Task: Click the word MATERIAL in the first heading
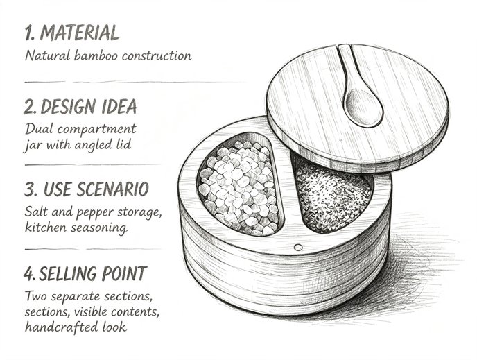click(x=80, y=33)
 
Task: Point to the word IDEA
click(x=119, y=107)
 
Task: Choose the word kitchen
click(x=46, y=227)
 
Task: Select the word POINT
click(x=124, y=273)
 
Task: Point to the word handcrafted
click(x=61, y=327)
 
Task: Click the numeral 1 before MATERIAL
click(x=29, y=33)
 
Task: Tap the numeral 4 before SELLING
click(x=28, y=273)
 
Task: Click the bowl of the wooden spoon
click(x=363, y=107)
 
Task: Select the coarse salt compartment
click(x=239, y=186)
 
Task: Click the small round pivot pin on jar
click(x=298, y=248)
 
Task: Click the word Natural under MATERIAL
click(x=47, y=55)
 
